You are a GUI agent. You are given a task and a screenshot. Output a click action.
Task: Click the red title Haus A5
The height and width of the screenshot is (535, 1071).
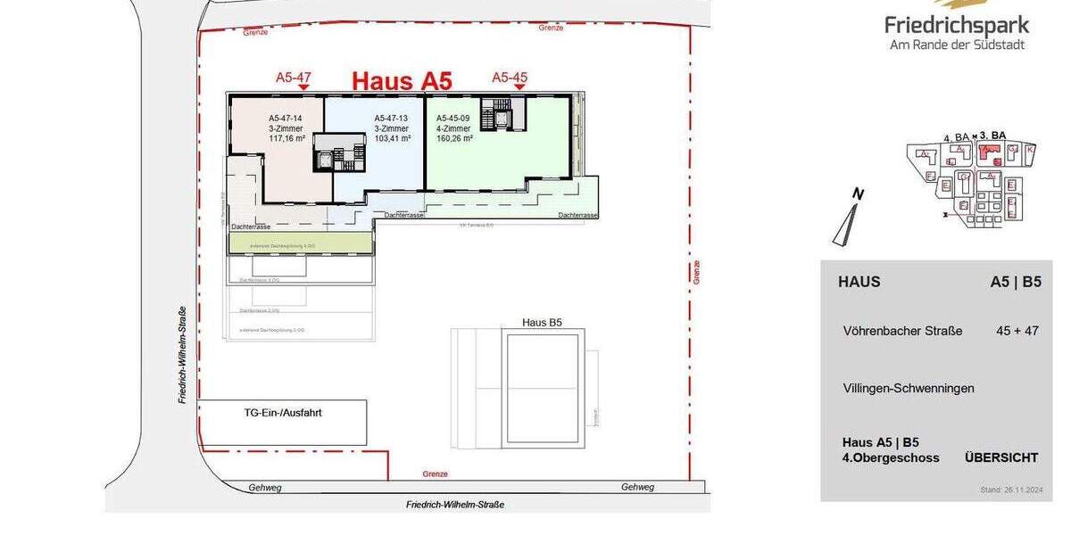pos(402,79)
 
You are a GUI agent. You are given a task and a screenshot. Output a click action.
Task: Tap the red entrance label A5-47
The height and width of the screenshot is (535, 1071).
pos(293,78)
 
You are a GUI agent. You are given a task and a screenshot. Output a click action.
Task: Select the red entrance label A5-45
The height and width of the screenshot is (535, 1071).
pos(510,78)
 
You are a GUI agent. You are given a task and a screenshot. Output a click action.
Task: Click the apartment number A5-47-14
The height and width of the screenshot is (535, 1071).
pos(286,118)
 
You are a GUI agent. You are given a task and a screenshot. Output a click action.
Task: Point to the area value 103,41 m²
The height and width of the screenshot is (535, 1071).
pos(392,139)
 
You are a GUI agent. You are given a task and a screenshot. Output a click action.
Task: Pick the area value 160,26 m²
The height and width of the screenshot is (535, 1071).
pos(454,139)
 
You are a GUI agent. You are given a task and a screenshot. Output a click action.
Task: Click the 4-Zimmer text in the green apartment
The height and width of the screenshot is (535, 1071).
pos(452,128)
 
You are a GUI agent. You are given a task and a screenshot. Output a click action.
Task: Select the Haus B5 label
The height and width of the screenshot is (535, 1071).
pos(542,322)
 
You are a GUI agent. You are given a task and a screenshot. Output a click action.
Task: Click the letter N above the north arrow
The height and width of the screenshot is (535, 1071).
pos(857,193)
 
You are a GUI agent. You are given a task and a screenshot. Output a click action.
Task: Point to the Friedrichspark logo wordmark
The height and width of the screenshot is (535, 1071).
pos(957,25)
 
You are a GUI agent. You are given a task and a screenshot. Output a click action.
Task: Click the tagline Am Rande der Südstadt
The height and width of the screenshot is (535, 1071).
pos(957,45)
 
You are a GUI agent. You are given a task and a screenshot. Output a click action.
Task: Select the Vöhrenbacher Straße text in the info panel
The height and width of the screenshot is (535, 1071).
pos(902,331)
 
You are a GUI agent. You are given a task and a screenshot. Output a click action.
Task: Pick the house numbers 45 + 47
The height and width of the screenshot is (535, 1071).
pos(1017,331)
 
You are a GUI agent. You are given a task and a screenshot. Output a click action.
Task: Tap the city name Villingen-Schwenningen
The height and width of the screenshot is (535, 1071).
pos(909,388)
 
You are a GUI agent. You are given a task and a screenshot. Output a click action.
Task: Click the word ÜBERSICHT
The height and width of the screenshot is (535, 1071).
pos(1001,457)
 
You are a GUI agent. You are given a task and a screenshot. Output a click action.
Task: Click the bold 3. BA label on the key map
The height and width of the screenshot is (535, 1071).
pos(992,136)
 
